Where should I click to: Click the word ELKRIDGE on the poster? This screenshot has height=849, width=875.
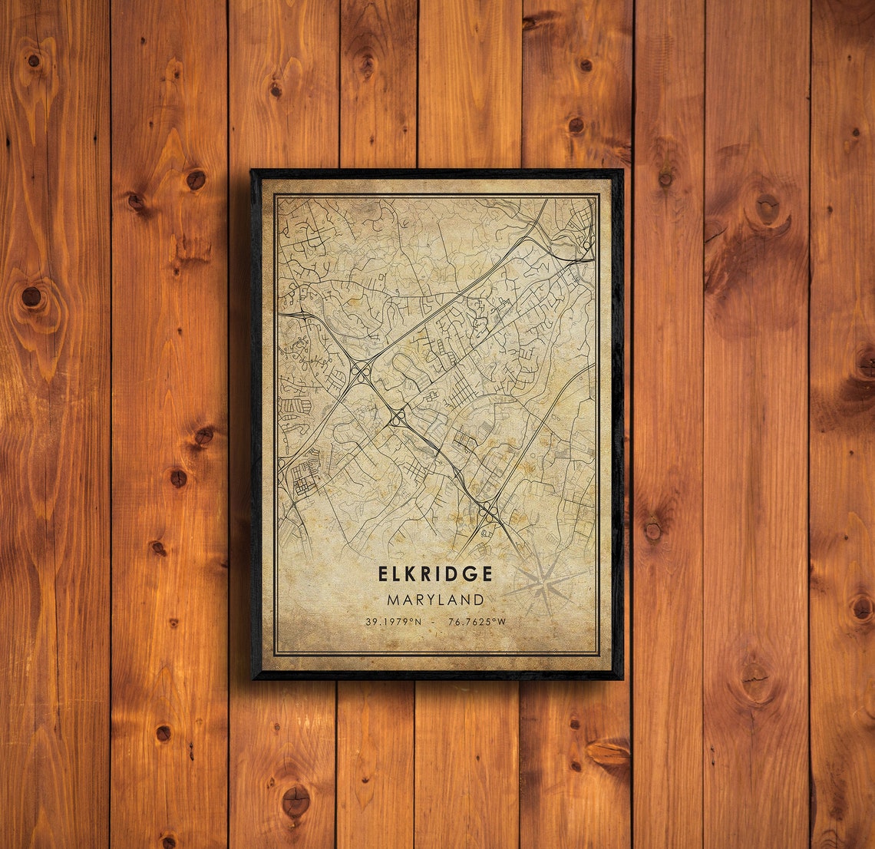(435, 573)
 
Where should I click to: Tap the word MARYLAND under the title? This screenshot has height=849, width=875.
(435, 600)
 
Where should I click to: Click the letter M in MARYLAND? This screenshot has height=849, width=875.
(392, 600)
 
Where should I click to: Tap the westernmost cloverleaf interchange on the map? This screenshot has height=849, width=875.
(361, 371)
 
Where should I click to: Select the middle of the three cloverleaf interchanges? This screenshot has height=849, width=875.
(398, 418)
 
